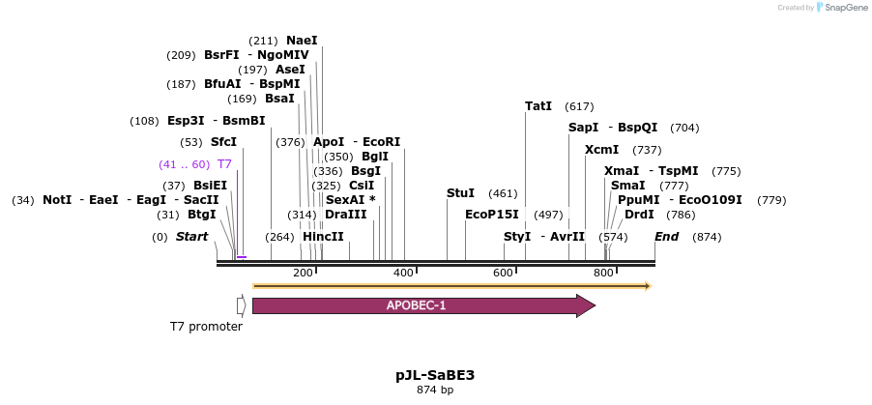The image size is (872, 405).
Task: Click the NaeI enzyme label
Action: [x=302, y=41]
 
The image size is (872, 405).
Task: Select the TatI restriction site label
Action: [x=538, y=106]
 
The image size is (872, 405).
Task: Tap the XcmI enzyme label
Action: [x=601, y=150]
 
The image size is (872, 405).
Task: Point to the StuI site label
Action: [x=460, y=193]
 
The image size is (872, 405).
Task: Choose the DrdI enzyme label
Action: [x=639, y=215]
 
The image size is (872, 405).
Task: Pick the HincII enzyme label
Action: [x=323, y=237]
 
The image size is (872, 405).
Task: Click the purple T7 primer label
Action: [x=224, y=164]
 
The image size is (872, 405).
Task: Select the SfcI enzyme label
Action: [x=224, y=143]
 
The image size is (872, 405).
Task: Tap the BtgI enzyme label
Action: [x=202, y=215]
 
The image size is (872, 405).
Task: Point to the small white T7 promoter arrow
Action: [x=241, y=305]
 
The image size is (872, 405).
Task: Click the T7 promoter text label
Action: [x=206, y=327]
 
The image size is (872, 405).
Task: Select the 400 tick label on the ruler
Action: [x=403, y=274]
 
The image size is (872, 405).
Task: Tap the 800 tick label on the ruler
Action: [x=603, y=274]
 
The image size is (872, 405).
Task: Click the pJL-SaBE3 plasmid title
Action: [x=435, y=375]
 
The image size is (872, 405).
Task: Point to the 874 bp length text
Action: [x=435, y=391]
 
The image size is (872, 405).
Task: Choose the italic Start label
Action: [x=191, y=237]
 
